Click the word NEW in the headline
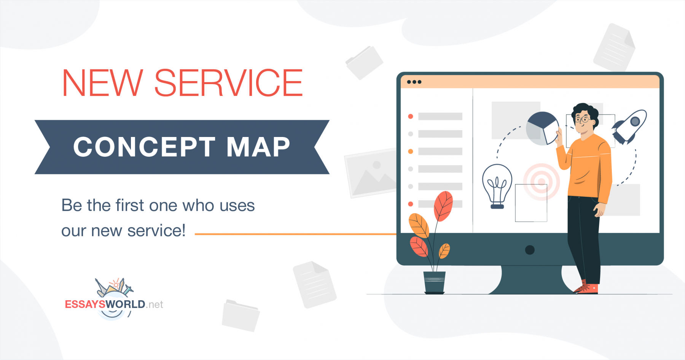(102, 83)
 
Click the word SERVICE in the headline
(228, 83)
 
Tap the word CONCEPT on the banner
(144, 147)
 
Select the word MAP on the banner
(258, 147)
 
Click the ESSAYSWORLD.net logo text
(114, 304)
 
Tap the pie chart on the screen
(542, 128)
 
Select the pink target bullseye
(541, 182)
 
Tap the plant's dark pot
(434, 282)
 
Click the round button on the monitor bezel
(530, 250)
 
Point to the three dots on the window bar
(414, 82)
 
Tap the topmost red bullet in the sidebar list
(411, 116)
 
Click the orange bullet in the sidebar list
(411, 151)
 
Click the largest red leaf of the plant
(443, 205)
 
